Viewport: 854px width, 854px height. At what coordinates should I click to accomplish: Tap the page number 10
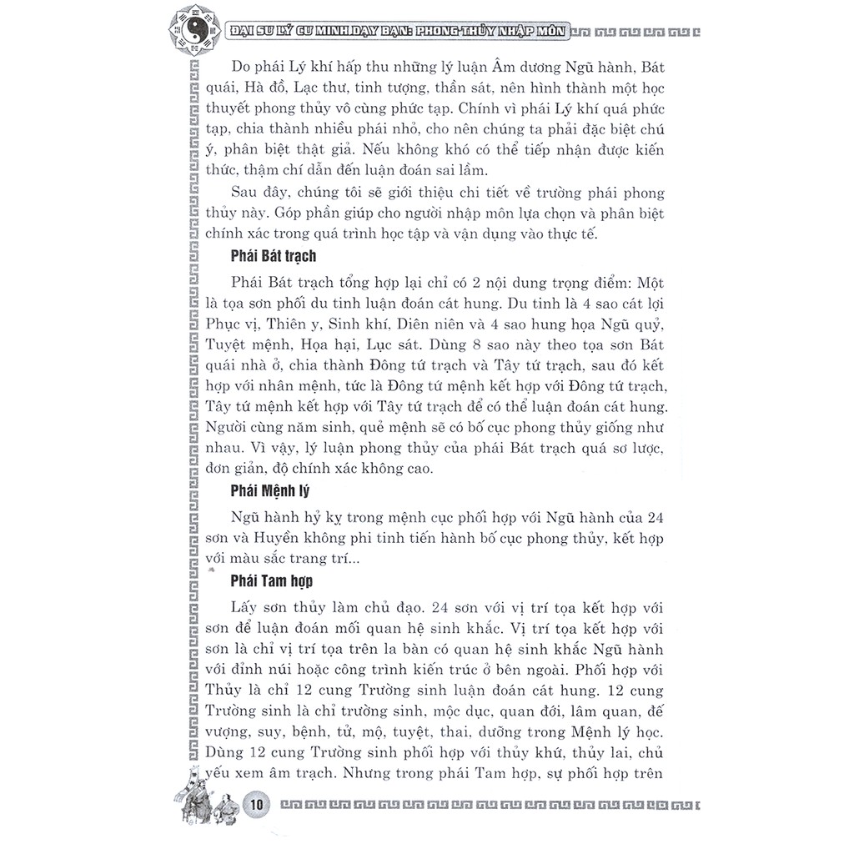coord(257,805)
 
